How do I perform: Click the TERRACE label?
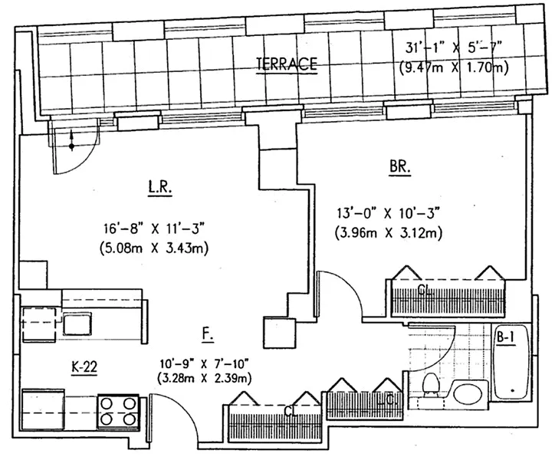pyautogui.click(x=287, y=65)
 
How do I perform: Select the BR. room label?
pyautogui.click(x=400, y=165)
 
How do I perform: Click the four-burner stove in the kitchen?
pyautogui.click(x=117, y=409)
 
